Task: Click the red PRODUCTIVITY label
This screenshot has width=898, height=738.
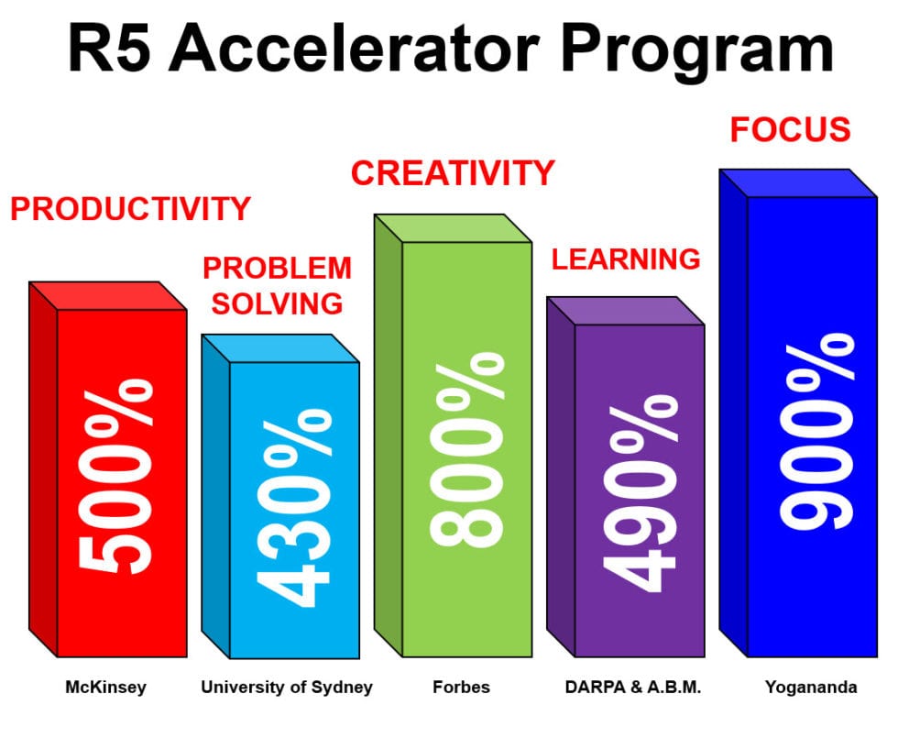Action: pyautogui.click(x=130, y=209)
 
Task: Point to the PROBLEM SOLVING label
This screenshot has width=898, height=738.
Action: pyautogui.click(x=277, y=285)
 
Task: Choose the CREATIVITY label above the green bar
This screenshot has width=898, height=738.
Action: pyautogui.click(x=453, y=172)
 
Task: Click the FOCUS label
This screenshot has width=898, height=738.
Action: pyautogui.click(x=790, y=130)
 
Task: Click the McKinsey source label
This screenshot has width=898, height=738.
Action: pyautogui.click(x=105, y=687)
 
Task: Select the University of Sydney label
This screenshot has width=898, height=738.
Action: pyautogui.click(x=287, y=687)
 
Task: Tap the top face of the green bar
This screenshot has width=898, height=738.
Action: pyautogui.click(x=454, y=228)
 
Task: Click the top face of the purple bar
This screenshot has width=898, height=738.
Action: pyautogui.click(x=626, y=311)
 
